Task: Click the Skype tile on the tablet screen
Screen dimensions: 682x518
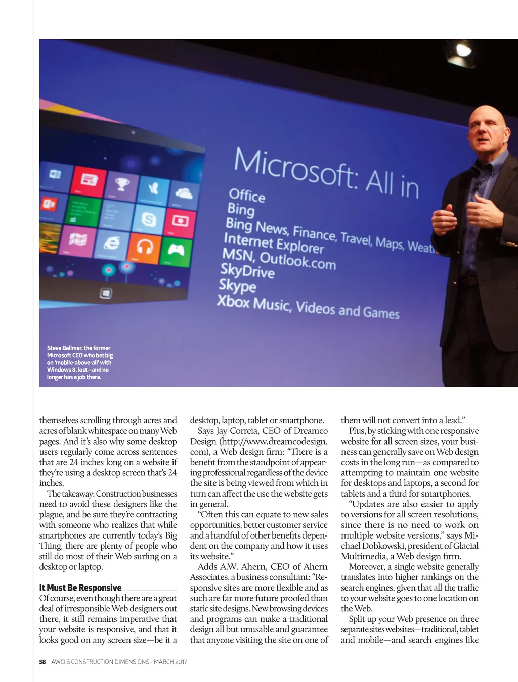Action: (x=149, y=219)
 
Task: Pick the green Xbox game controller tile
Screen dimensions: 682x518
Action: (x=176, y=250)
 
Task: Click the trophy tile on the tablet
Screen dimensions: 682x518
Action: (x=122, y=186)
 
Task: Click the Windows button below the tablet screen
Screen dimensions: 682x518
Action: (x=106, y=294)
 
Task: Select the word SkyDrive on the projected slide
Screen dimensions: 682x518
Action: (x=247, y=271)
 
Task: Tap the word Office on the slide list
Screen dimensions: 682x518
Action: (x=247, y=195)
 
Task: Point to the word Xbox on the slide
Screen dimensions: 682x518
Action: (x=233, y=302)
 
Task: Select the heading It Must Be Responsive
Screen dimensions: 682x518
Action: (x=80, y=588)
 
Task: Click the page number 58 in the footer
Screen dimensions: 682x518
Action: (x=42, y=662)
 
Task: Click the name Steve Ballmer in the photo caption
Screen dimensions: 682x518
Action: (x=64, y=348)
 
